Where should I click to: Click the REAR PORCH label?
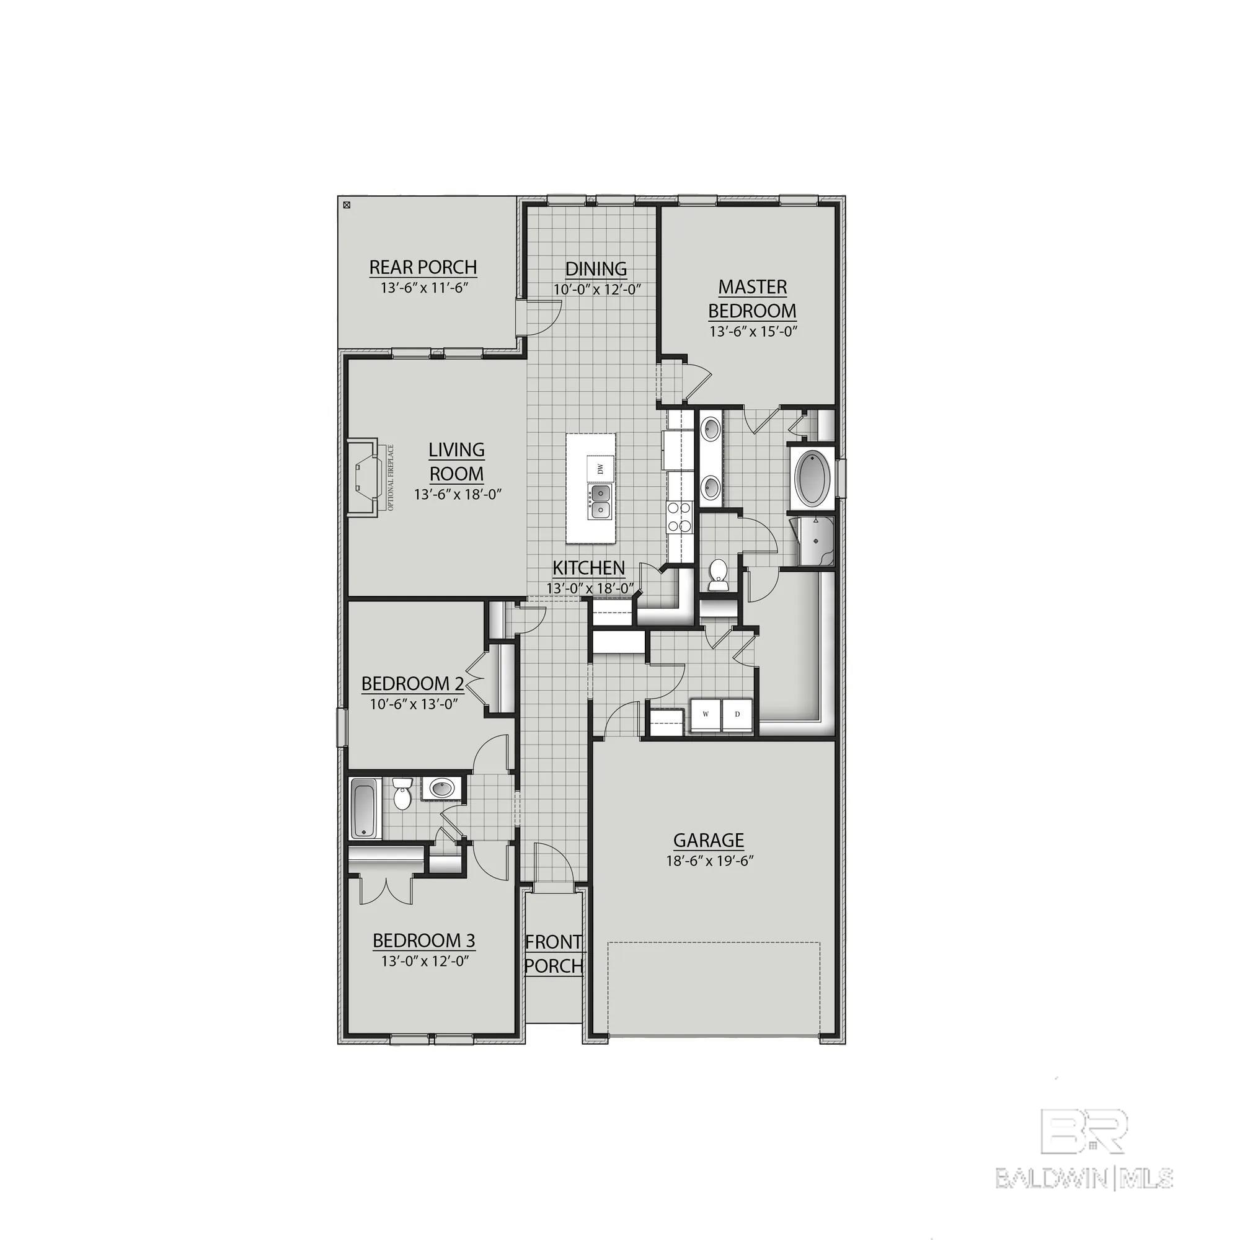pos(423,267)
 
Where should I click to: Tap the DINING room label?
pos(596,269)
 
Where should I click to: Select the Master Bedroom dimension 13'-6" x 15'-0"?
pos(753,332)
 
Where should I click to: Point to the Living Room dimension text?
pos(457,494)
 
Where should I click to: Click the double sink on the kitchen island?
pos(600,501)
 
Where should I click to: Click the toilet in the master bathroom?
pos(717,573)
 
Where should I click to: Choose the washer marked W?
pos(706,714)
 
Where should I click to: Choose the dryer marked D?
pos(737,714)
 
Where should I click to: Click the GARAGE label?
pos(709,840)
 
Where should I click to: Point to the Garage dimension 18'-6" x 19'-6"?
pos(709,861)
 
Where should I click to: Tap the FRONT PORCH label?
pos(554,954)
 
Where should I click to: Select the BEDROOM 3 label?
pos(423,941)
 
